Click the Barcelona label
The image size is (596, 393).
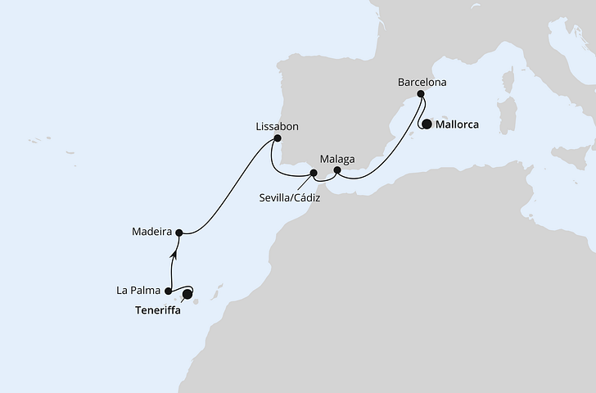422,83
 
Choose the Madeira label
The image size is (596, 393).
151,232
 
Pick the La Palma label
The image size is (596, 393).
140,290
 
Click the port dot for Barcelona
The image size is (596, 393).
422,94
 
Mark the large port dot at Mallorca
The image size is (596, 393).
426,125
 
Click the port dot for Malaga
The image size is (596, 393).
336,170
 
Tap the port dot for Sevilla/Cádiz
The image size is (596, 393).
312,173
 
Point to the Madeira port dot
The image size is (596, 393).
178,232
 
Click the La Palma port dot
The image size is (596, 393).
168,291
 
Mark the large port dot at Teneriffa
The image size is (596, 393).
187,293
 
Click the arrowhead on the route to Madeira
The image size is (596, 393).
173,255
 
